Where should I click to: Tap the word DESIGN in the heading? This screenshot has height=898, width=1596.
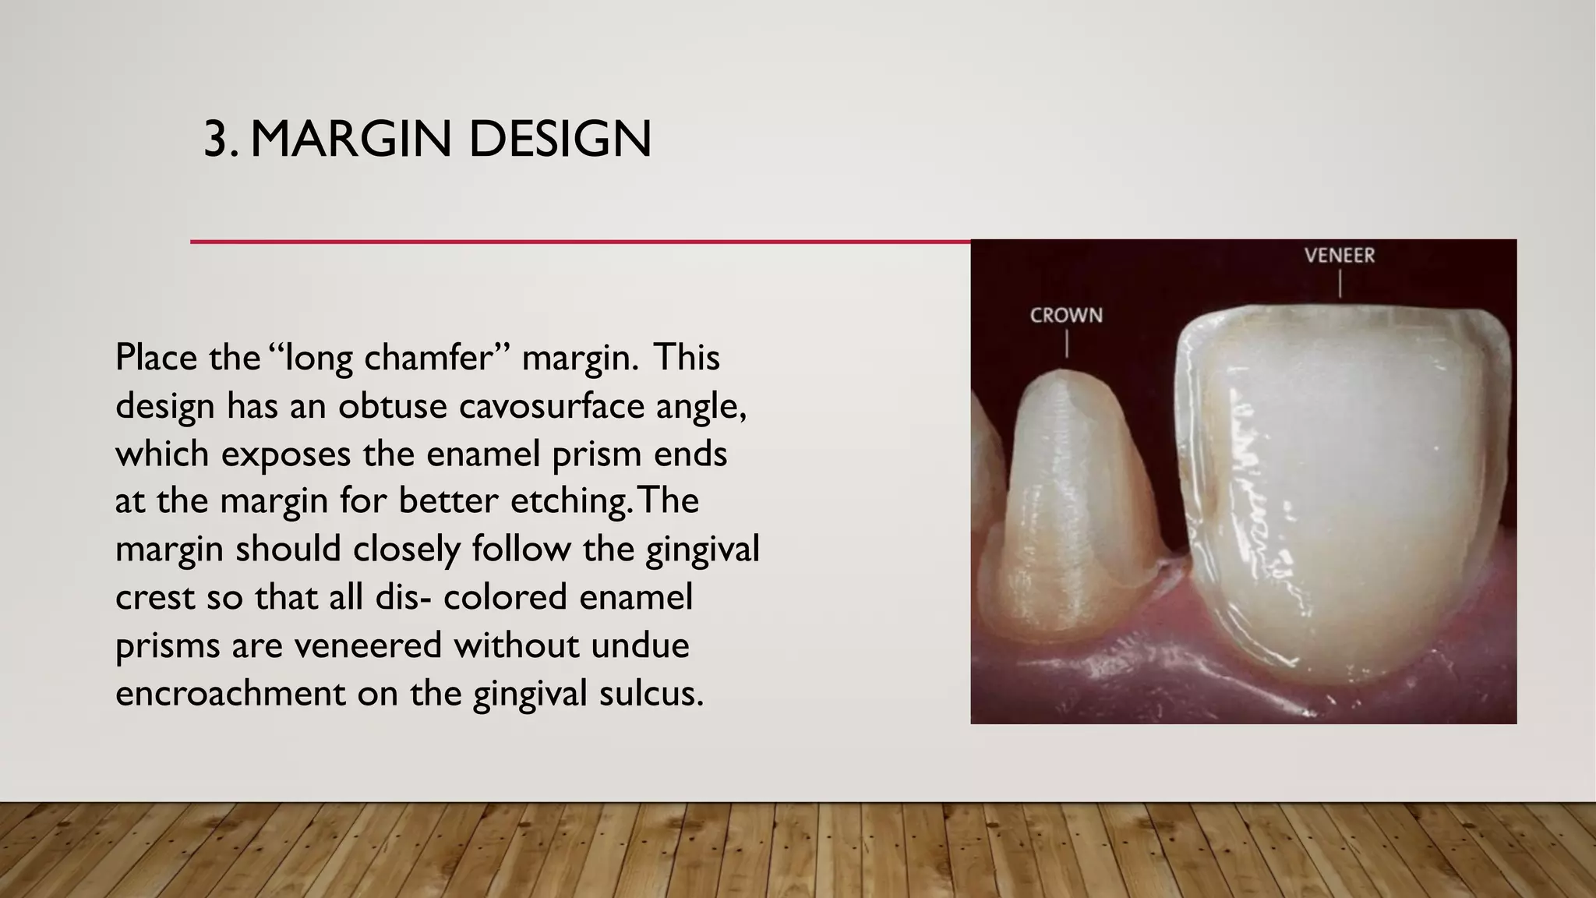(560, 140)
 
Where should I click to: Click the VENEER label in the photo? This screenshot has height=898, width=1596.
(1340, 256)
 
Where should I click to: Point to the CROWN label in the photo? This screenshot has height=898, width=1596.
(1066, 316)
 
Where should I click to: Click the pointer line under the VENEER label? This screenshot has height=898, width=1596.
(1340, 284)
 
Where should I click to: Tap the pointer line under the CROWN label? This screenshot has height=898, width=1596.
(1067, 344)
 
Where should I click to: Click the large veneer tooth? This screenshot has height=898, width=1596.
(1340, 499)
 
